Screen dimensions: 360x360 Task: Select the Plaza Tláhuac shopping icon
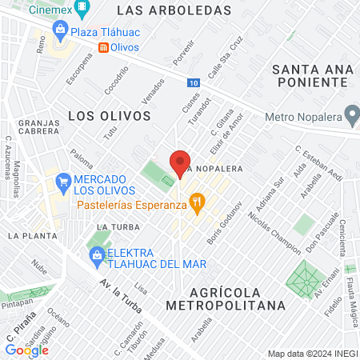pyautogui.click(x=59, y=30)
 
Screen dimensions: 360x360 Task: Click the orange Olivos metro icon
pyautogui.click(x=103, y=47)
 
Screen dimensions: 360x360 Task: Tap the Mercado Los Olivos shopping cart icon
pyautogui.click(x=62, y=183)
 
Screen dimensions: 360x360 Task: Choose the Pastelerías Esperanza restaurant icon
pyautogui.click(x=194, y=203)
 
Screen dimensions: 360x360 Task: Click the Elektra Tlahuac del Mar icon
pyautogui.click(x=97, y=257)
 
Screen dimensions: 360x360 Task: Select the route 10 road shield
pyautogui.click(x=195, y=82)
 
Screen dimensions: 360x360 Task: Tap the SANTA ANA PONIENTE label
pyautogui.click(x=312, y=78)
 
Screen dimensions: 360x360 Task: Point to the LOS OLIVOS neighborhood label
pyautogui.click(x=110, y=116)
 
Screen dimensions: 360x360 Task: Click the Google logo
pyautogui.click(x=27, y=349)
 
